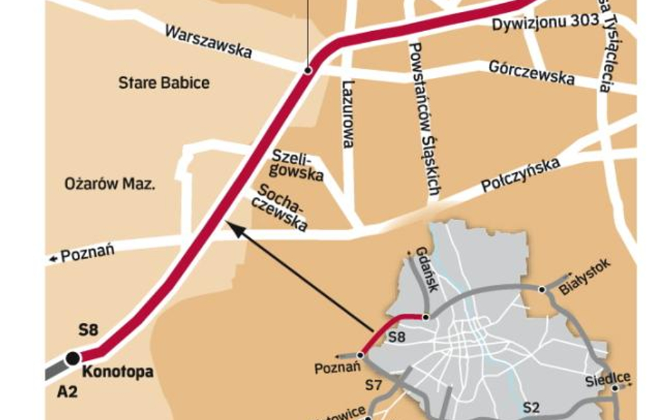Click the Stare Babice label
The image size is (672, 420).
tap(164, 83)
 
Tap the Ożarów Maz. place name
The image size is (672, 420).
tap(110, 184)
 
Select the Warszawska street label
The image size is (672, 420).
tap(208, 42)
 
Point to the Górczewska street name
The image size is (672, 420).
tap(531, 72)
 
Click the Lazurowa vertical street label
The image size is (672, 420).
tap(348, 113)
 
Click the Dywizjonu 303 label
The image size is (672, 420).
tap(545, 22)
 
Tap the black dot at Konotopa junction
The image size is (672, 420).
tap(72, 358)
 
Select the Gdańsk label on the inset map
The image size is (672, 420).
tap(428, 269)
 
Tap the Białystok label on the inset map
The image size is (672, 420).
tap(583, 277)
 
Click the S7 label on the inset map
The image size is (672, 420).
tap(374, 386)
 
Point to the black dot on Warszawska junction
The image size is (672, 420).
tap(308, 70)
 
